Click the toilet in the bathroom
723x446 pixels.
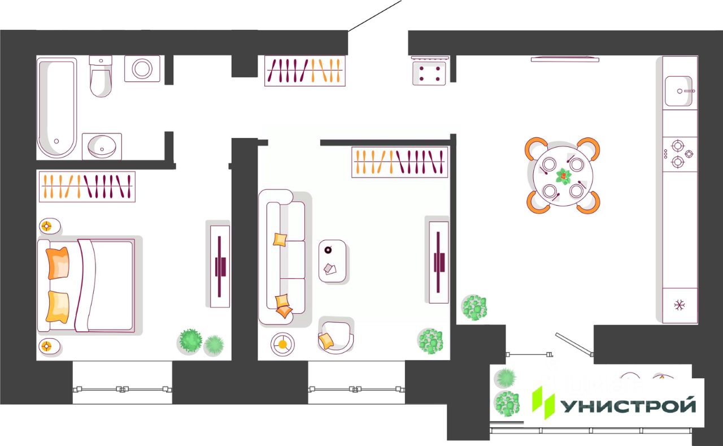click(101, 76)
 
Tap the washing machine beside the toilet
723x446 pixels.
click(142, 68)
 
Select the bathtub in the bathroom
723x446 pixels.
click(57, 107)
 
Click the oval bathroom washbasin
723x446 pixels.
click(102, 147)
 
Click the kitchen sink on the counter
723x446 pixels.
click(678, 91)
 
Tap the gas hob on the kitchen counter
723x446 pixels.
click(680, 154)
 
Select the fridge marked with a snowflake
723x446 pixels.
click(680, 305)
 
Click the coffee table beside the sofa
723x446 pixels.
click(332, 261)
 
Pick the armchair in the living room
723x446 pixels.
click(336, 336)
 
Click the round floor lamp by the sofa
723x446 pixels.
click(282, 345)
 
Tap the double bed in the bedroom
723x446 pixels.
click(86, 285)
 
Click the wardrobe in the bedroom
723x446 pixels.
click(87, 187)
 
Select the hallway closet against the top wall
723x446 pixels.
click(304, 71)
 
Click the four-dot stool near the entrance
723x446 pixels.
click(429, 73)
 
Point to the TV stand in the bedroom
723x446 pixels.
click(220, 266)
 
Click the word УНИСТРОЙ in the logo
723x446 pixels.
click(628, 406)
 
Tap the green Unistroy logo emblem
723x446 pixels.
click(543, 402)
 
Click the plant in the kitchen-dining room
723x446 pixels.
click(474, 308)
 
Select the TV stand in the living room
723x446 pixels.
click(439, 262)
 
